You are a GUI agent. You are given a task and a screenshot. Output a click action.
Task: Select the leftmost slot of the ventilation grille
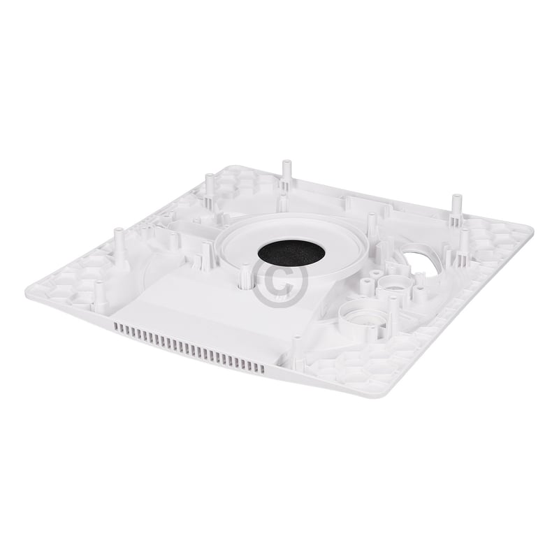tap(116, 327)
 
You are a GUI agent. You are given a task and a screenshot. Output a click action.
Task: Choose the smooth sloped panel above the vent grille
tap(189, 307)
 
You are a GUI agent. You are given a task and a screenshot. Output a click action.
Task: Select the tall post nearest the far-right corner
tap(456, 207)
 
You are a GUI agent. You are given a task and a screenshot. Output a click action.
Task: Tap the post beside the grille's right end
tap(297, 348)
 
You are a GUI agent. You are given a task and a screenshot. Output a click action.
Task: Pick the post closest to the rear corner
tap(209, 186)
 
